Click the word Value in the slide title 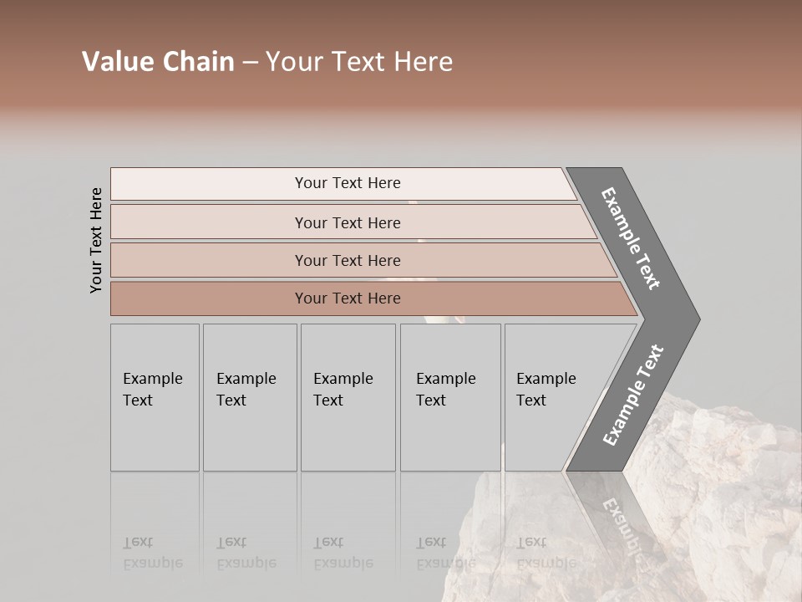(x=116, y=62)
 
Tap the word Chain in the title (x=197, y=62)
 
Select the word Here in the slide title (x=423, y=62)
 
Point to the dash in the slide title (x=250, y=63)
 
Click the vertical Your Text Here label (x=96, y=240)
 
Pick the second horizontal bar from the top (x=348, y=222)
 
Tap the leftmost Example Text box (x=155, y=397)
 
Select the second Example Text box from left (x=250, y=397)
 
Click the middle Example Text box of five (x=348, y=397)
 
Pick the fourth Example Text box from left (x=450, y=397)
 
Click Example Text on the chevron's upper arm (x=631, y=238)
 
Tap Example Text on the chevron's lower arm (x=632, y=395)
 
